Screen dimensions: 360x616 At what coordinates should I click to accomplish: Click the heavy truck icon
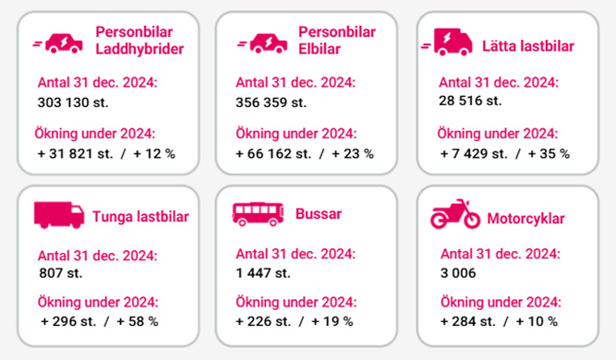pyautogui.click(x=59, y=215)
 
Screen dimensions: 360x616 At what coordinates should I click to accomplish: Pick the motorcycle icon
pyautogui.click(x=455, y=216)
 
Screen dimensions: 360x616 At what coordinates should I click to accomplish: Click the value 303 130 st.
pyautogui.click(x=73, y=102)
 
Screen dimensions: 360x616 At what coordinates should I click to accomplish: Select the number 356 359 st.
pyautogui.click(x=272, y=102)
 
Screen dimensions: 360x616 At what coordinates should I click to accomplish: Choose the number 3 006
pyautogui.click(x=460, y=273)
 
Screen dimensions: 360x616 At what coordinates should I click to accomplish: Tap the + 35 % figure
pyautogui.click(x=549, y=153)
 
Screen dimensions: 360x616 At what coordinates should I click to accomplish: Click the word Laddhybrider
pyautogui.click(x=139, y=49)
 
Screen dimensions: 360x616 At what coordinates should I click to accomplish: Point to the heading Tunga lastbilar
pyautogui.click(x=140, y=218)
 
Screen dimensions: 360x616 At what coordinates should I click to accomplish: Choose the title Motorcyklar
pyautogui.click(x=527, y=219)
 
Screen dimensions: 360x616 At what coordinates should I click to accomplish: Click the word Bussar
pyautogui.click(x=319, y=214)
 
